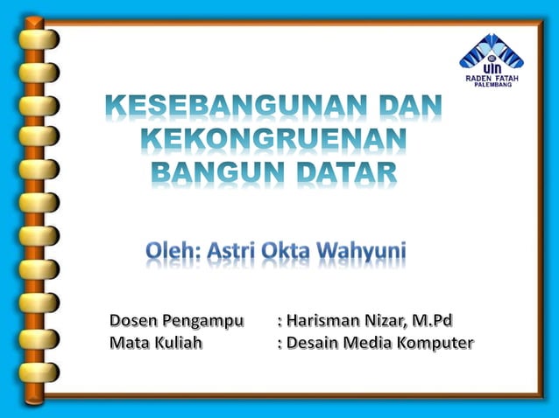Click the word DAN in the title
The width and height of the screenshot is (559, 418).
(x=410, y=108)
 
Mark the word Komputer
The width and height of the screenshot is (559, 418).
(x=434, y=344)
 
